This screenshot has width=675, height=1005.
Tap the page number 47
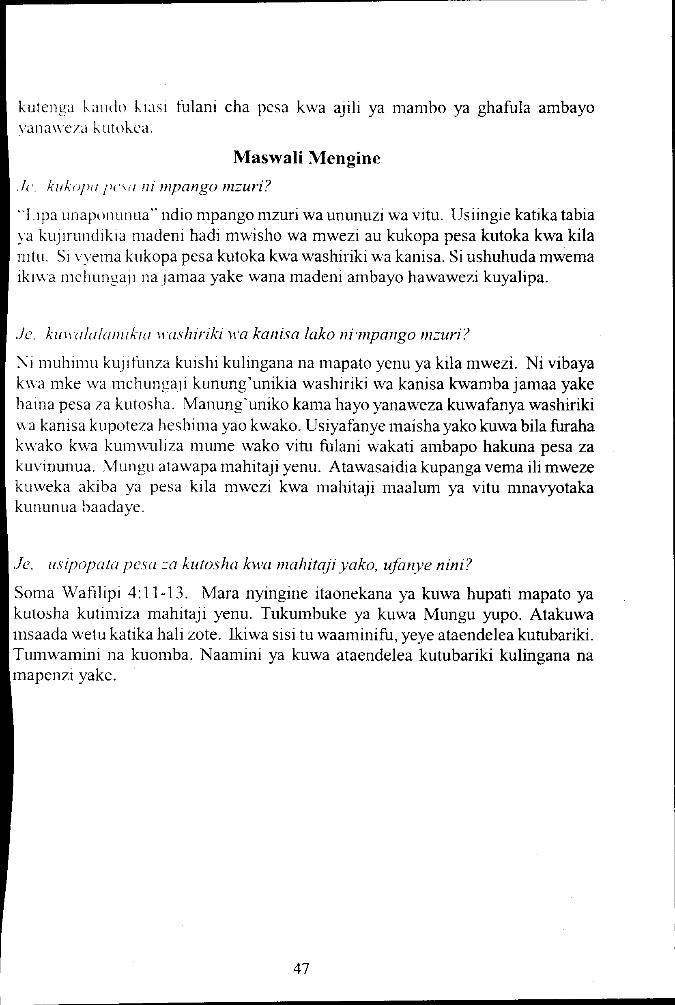[x=301, y=968]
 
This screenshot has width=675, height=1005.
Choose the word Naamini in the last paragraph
[x=231, y=655]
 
